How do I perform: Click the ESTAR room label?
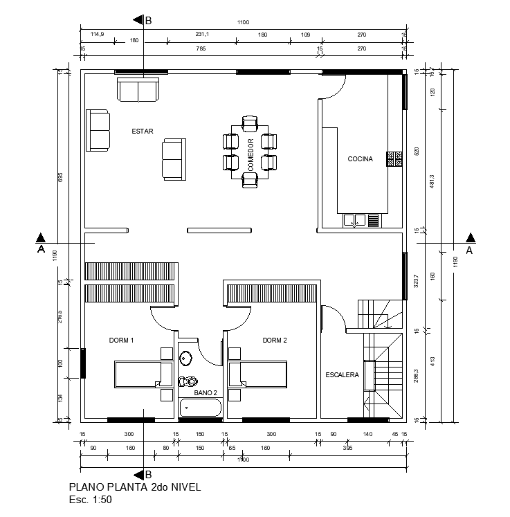point(143,130)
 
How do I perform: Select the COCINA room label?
point(360,159)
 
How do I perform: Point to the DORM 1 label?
point(121,341)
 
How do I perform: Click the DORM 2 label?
point(275,341)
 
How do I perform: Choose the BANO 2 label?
point(206,392)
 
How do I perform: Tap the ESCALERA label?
point(342,374)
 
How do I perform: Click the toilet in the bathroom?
point(188,381)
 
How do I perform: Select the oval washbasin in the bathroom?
point(186,359)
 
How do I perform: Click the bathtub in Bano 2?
point(200,408)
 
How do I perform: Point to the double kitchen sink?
point(354,220)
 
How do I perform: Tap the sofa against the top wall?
point(138,89)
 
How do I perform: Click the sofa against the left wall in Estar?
point(98,130)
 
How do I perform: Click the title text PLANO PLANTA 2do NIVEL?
point(135,487)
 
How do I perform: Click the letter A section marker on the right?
point(470,251)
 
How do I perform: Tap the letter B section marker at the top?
point(148,21)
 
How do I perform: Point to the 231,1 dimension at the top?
point(202,34)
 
